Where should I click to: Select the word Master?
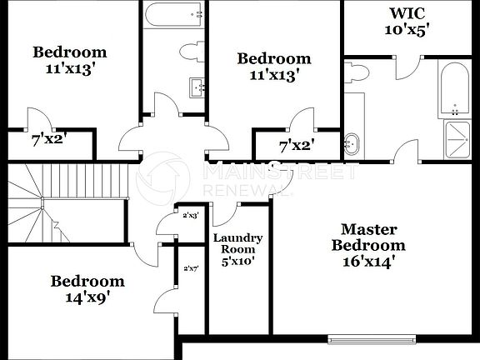[367, 229]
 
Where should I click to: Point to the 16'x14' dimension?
[367, 261]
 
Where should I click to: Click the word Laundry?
[238, 238]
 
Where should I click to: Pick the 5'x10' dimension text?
[238, 261]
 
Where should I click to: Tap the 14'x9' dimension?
[87, 296]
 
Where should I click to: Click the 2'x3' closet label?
[191, 215]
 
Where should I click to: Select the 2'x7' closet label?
[191, 268]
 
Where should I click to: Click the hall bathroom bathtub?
[174, 14]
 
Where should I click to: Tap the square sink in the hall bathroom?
[197, 86]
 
